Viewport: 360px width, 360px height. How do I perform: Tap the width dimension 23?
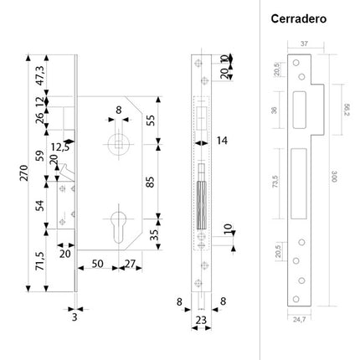click(x=202, y=318)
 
